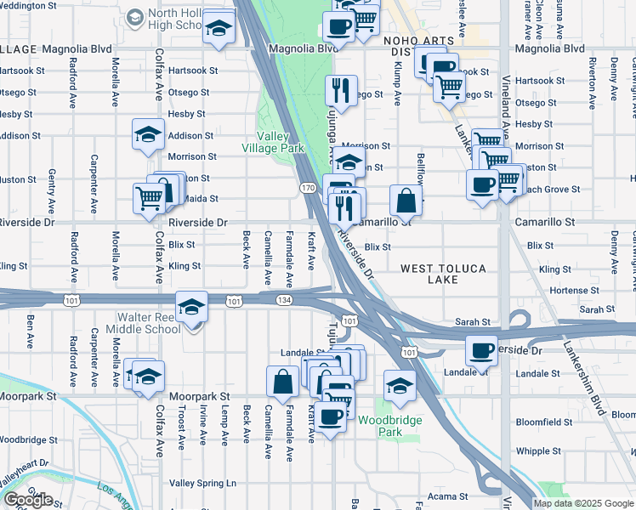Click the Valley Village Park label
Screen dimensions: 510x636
[281, 142]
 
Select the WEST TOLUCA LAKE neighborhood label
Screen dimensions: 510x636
[444, 275]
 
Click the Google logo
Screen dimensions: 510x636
[28, 500]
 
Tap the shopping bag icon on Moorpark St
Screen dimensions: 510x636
[281, 382]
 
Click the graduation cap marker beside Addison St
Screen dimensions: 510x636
[148, 134]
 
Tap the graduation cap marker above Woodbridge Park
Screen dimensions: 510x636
[400, 386]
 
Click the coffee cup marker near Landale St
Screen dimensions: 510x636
[481, 350]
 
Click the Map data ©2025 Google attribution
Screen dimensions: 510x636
[582, 503]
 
